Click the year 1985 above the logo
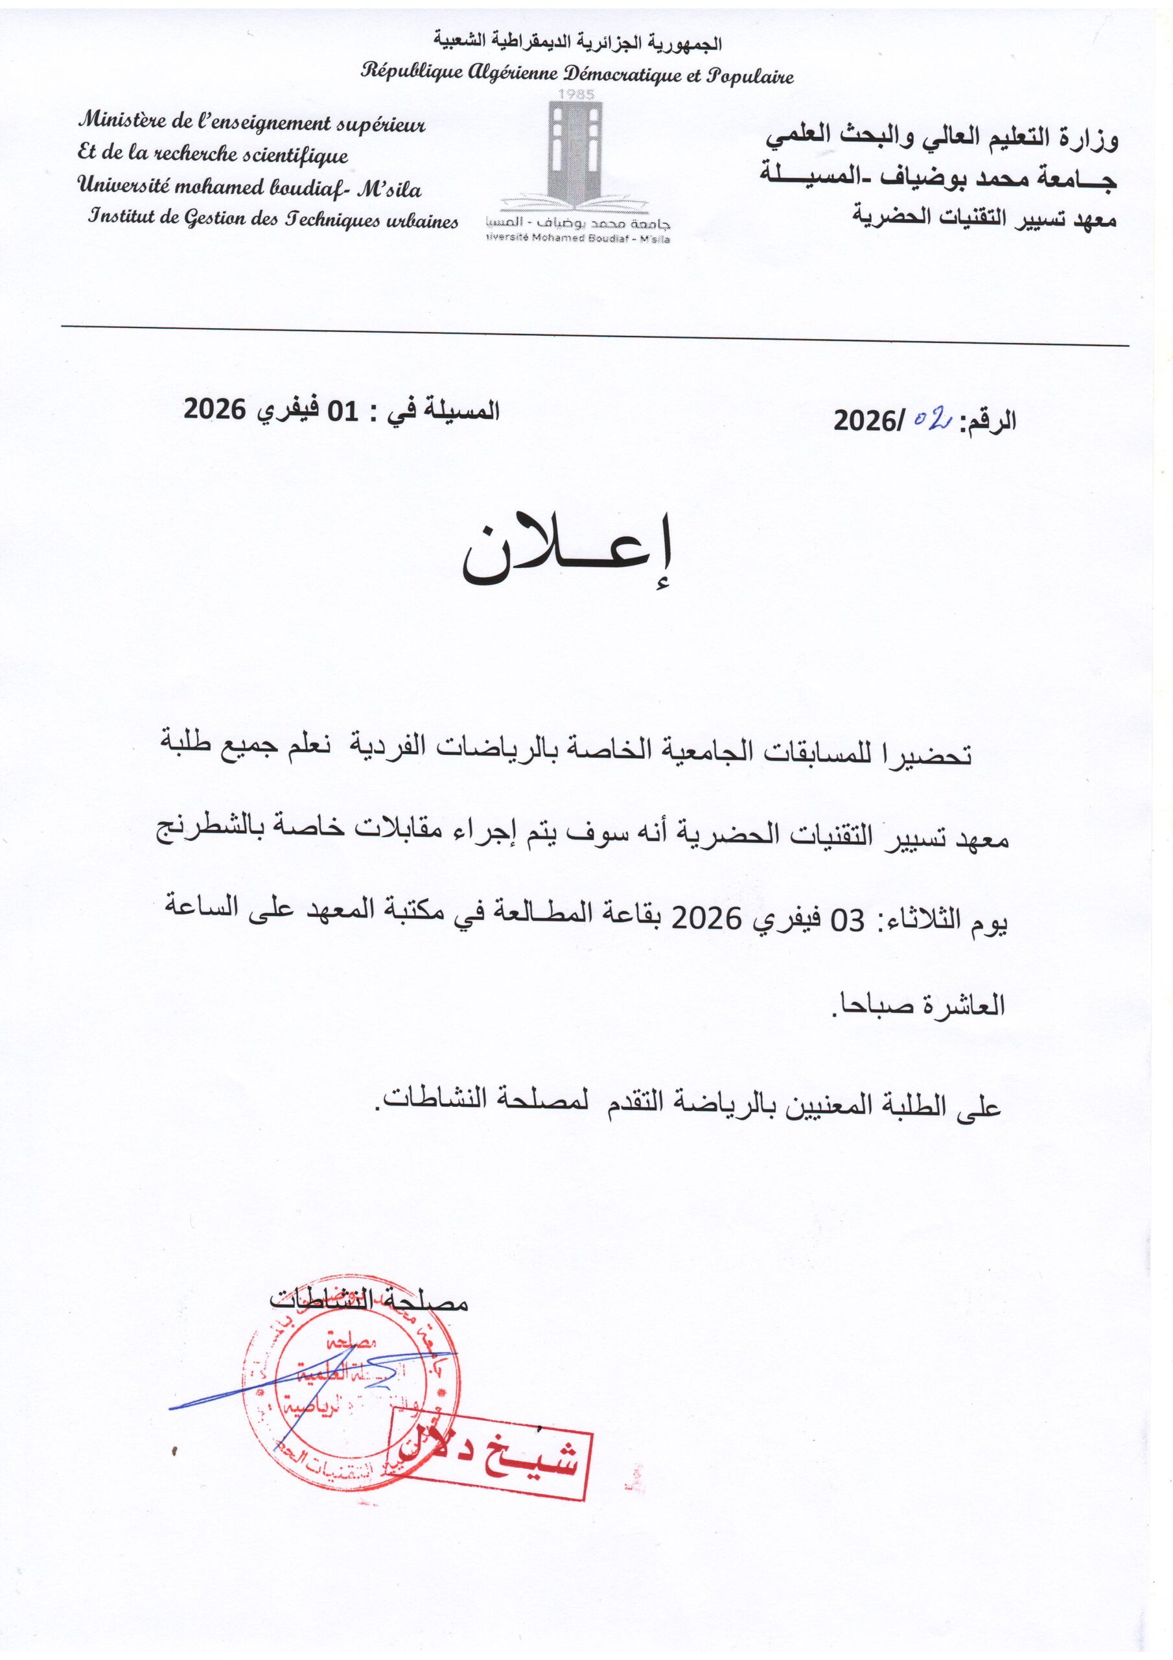pyautogui.click(x=577, y=95)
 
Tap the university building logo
pyautogui.click(x=575, y=156)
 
